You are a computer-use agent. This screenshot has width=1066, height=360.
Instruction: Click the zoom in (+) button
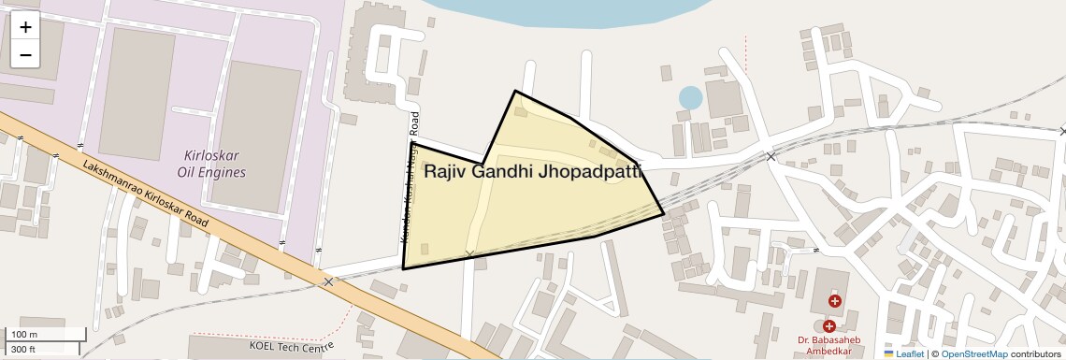click(x=25, y=27)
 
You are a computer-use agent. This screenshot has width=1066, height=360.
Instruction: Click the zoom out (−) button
click(x=25, y=55)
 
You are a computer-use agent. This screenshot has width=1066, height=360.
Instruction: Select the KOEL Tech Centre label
click(x=291, y=347)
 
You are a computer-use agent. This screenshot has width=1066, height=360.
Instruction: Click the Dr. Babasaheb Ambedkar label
click(x=828, y=345)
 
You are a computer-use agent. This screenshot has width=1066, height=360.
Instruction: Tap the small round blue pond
click(x=690, y=97)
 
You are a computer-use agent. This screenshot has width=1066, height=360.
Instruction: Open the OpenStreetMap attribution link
click(x=973, y=353)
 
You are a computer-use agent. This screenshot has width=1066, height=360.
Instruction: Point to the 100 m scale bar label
click(x=24, y=335)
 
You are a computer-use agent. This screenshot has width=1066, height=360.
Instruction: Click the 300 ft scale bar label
click(x=23, y=350)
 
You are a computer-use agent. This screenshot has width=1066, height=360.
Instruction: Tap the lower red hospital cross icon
click(x=828, y=325)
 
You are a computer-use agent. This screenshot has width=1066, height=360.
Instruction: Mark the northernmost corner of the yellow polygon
click(x=514, y=91)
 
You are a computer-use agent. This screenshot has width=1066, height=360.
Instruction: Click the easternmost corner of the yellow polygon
click(x=664, y=215)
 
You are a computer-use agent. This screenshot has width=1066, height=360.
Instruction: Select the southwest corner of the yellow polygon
click(x=403, y=268)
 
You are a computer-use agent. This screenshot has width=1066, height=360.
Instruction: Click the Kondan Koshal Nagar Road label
click(x=411, y=178)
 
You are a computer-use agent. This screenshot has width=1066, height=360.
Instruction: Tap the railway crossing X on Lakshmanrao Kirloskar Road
click(x=328, y=281)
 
